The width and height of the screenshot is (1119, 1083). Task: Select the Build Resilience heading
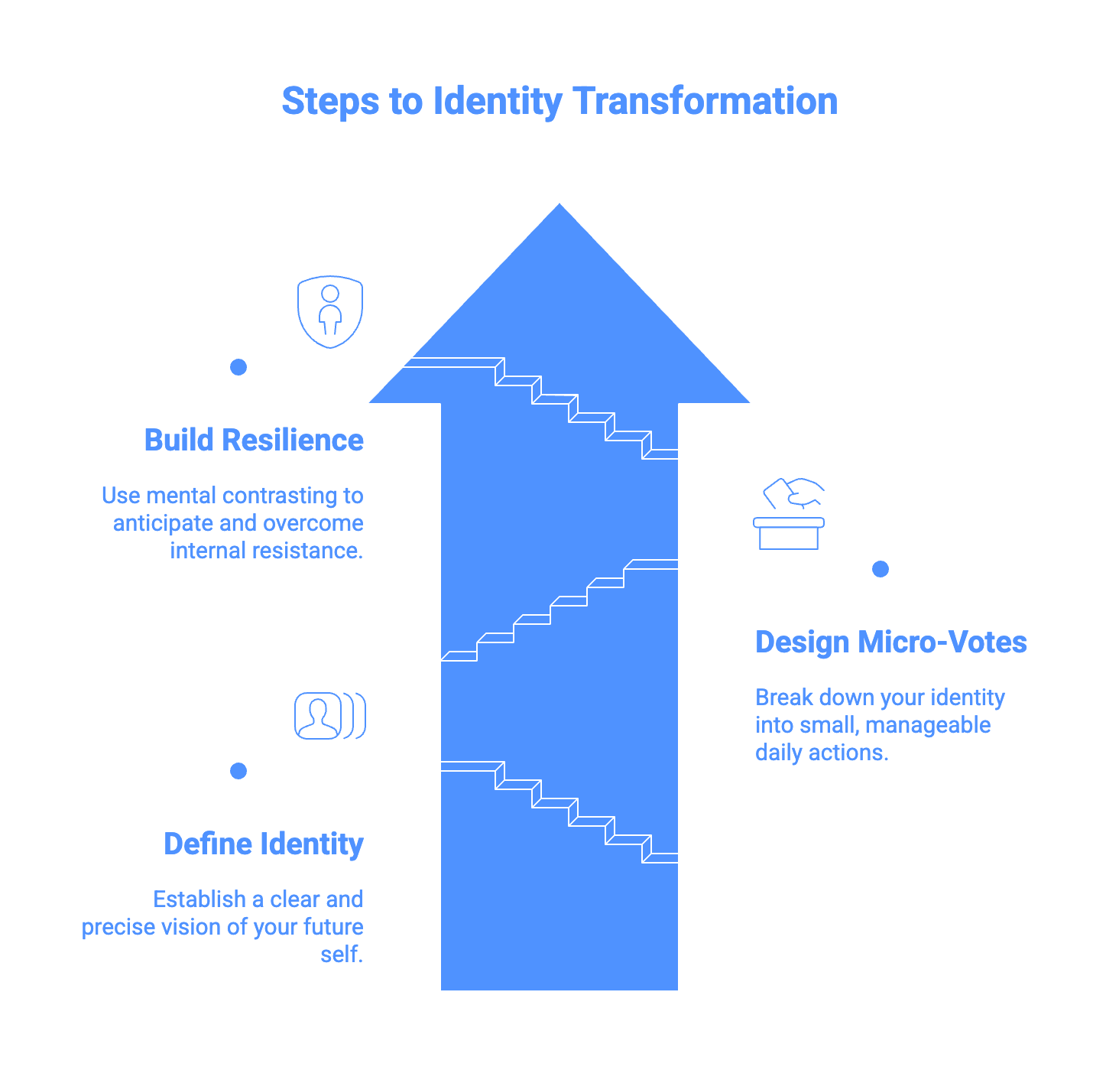pyautogui.click(x=254, y=441)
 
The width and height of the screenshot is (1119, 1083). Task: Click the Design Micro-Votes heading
pyautogui.click(x=890, y=642)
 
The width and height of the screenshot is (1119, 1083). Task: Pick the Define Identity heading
pyautogui.click(x=264, y=844)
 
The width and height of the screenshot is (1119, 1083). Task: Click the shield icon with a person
pyautogui.click(x=330, y=311)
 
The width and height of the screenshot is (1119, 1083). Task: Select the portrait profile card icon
pyautogui.click(x=329, y=716)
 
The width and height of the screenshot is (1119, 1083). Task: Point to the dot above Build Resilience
pyautogui.click(x=238, y=367)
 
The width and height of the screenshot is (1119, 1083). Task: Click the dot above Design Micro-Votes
pyautogui.click(x=881, y=569)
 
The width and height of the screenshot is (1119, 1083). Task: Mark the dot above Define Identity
pyautogui.click(x=238, y=771)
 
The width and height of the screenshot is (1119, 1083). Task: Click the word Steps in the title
pyautogui.click(x=330, y=102)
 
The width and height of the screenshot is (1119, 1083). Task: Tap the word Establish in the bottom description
pyautogui.click(x=198, y=899)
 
